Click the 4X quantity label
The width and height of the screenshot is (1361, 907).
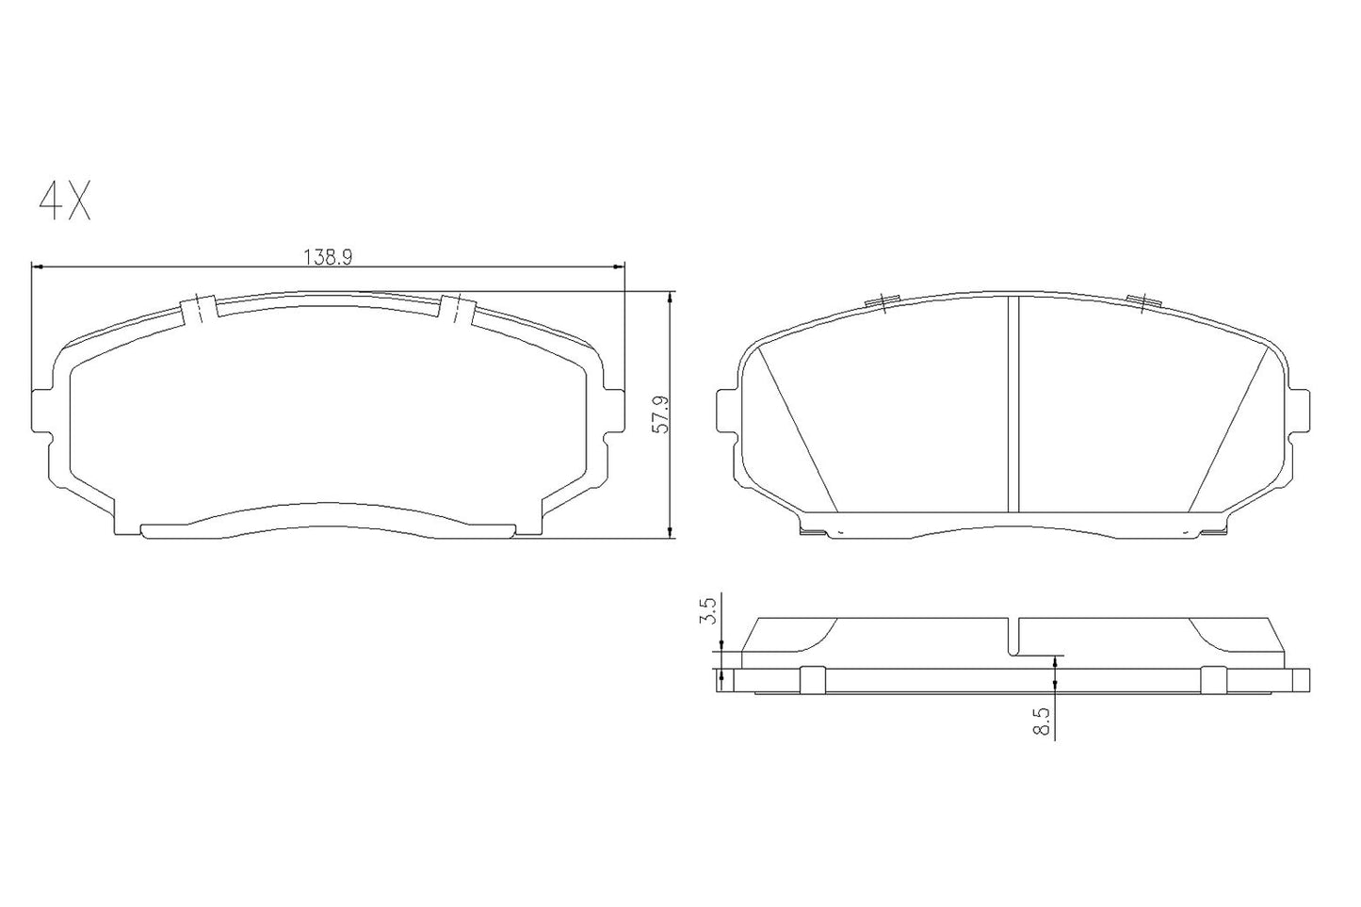tap(64, 200)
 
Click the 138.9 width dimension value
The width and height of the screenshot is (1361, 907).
tap(326, 256)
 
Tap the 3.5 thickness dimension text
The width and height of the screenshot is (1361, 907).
tap(711, 611)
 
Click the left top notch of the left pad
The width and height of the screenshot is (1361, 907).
tap(198, 309)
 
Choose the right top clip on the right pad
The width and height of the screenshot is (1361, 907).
tap(1142, 301)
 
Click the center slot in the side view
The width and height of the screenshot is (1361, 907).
tap(1013, 637)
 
